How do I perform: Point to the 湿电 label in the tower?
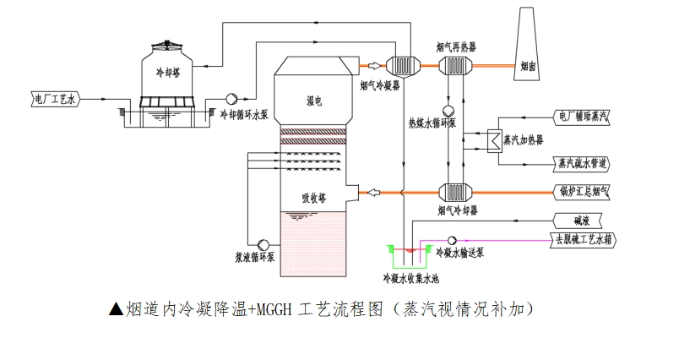(x=314, y=101)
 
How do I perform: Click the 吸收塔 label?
(x=314, y=199)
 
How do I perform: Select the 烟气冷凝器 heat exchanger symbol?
(x=401, y=66)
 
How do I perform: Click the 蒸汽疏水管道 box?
(x=582, y=162)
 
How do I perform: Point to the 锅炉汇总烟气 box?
(x=582, y=191)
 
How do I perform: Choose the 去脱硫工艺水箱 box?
(x=584, y=239)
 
